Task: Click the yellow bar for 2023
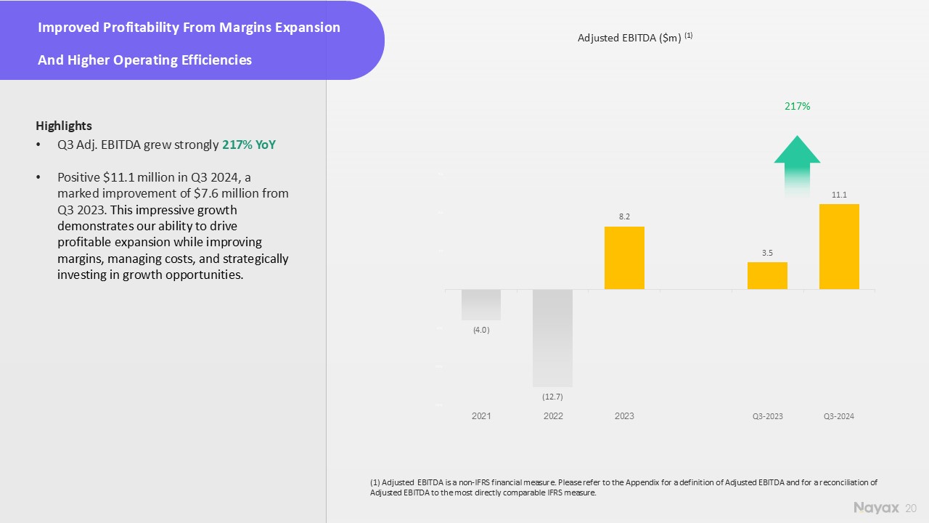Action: tap(624, 258)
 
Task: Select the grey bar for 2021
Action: tap(481, 304)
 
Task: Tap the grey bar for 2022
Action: tap(552, 338)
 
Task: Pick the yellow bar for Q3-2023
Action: tap(767, 275)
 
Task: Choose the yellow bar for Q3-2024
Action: tap(839, 246)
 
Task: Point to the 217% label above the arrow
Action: tap(797, 107)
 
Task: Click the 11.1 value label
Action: tap(839, 195)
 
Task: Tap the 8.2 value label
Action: tap(624, 216)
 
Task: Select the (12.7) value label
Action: tap(552, 397)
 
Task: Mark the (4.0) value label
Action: tap(481, 331)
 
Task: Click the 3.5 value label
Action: tap(767, 253)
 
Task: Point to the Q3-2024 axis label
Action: tap(839, 416)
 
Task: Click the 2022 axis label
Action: tap(552, 416)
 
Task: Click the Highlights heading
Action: tap(64, 126)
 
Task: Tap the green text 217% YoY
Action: tap(249, 145)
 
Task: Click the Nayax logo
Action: tap(876, 507)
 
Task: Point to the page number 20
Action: tap(912, 508)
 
